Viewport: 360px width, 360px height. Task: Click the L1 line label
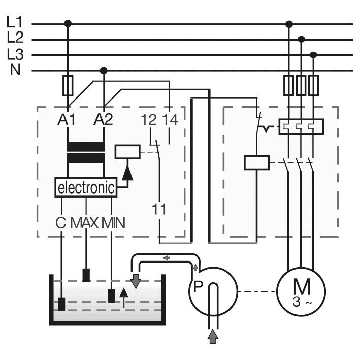[x=15, y=22]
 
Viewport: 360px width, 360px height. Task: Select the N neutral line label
[x=15, y=70]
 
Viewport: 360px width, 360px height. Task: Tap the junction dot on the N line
[x=104, y=70]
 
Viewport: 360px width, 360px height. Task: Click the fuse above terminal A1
[x=68, y=85]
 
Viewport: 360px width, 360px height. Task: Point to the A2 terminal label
[x=103, y=119]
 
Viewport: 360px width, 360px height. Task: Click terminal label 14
[x=170, y=119]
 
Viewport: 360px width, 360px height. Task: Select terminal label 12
[x=149, y=119]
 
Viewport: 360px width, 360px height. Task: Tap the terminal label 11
[x=159, y=209]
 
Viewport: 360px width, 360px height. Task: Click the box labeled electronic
[x=86, y=187]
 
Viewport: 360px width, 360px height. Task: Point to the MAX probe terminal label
[x=84, y=223]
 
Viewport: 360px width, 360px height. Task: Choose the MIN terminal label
[x=113, y=223]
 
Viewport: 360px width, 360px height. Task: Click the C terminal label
[x=61, y=223]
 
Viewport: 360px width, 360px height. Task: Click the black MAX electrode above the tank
[x=86, y=275]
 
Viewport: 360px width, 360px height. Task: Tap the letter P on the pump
[x=199, y=287]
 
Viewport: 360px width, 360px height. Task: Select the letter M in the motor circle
[x=302, y=287]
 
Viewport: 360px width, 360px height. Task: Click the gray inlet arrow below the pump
[x=213, y=336]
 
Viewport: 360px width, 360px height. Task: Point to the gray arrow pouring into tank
[x=136, y=281]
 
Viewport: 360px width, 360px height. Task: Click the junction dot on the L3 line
[x=313, y=55]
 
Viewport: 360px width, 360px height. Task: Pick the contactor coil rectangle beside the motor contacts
[x=257, y=163]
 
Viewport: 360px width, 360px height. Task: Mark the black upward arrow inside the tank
[x=124, y=298]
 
